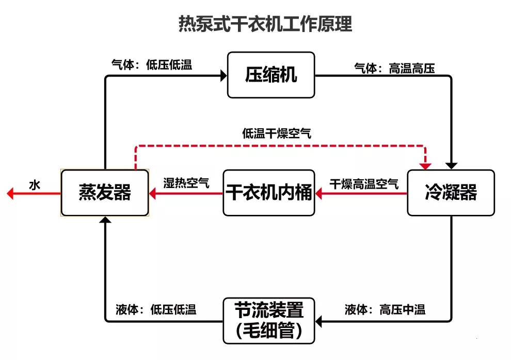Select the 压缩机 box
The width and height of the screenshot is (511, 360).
click(x=271, y=75)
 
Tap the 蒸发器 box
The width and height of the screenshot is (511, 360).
click(x=105, y=192)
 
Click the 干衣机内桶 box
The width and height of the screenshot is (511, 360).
click(x=269, y=193)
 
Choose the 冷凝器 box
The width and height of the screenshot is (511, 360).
click(x=451, y=193)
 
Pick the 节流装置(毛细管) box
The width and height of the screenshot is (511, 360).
click(x=269, y=320)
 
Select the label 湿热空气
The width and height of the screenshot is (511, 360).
click(x=186, y=183)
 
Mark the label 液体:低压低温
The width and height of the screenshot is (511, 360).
click(x=156, y=310)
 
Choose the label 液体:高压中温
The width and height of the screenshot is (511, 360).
click(x=385, y=310)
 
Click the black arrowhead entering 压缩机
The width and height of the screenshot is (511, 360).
click(x=223, y=75)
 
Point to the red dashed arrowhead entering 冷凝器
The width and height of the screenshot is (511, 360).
click(x=425, y=165)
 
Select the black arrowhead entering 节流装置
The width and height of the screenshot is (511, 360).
click(x=319, y=321)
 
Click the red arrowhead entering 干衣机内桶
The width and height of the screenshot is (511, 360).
click(x=319, y=194)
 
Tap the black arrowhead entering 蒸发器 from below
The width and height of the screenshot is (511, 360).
click(x=105, y=220)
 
